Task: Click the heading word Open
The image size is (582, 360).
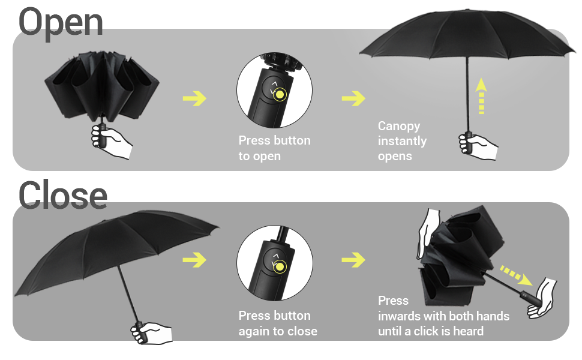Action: [61, 23]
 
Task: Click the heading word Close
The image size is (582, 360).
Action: [63, 195]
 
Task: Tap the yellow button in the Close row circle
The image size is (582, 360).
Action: [280, 265]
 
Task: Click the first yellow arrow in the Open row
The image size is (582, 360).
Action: [194, 98]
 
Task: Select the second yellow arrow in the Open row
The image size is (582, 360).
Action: [353, 98]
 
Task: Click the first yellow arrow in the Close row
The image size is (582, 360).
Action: [194, 260]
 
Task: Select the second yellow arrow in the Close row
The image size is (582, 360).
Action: [353, 260]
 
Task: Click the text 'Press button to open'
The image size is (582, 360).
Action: [275, 148]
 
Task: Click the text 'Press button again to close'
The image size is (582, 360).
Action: [278, 323]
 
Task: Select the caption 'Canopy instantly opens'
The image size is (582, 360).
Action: [402, 141]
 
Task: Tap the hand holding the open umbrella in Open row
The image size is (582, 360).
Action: [478, 146]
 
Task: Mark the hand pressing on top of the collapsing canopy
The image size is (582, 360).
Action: [431, 231]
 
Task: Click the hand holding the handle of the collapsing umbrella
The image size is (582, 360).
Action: [541, 298]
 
